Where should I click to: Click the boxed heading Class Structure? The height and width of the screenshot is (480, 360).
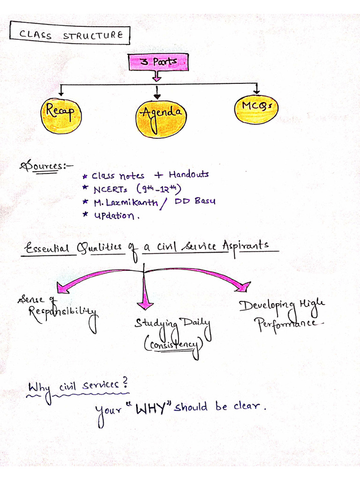point(70,34)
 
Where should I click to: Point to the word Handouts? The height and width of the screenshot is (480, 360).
point(188,174)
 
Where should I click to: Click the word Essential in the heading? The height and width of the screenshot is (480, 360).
point(48,248)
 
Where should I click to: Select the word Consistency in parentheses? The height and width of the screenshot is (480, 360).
point(173,346)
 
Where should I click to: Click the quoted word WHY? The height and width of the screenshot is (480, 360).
point(151,409)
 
